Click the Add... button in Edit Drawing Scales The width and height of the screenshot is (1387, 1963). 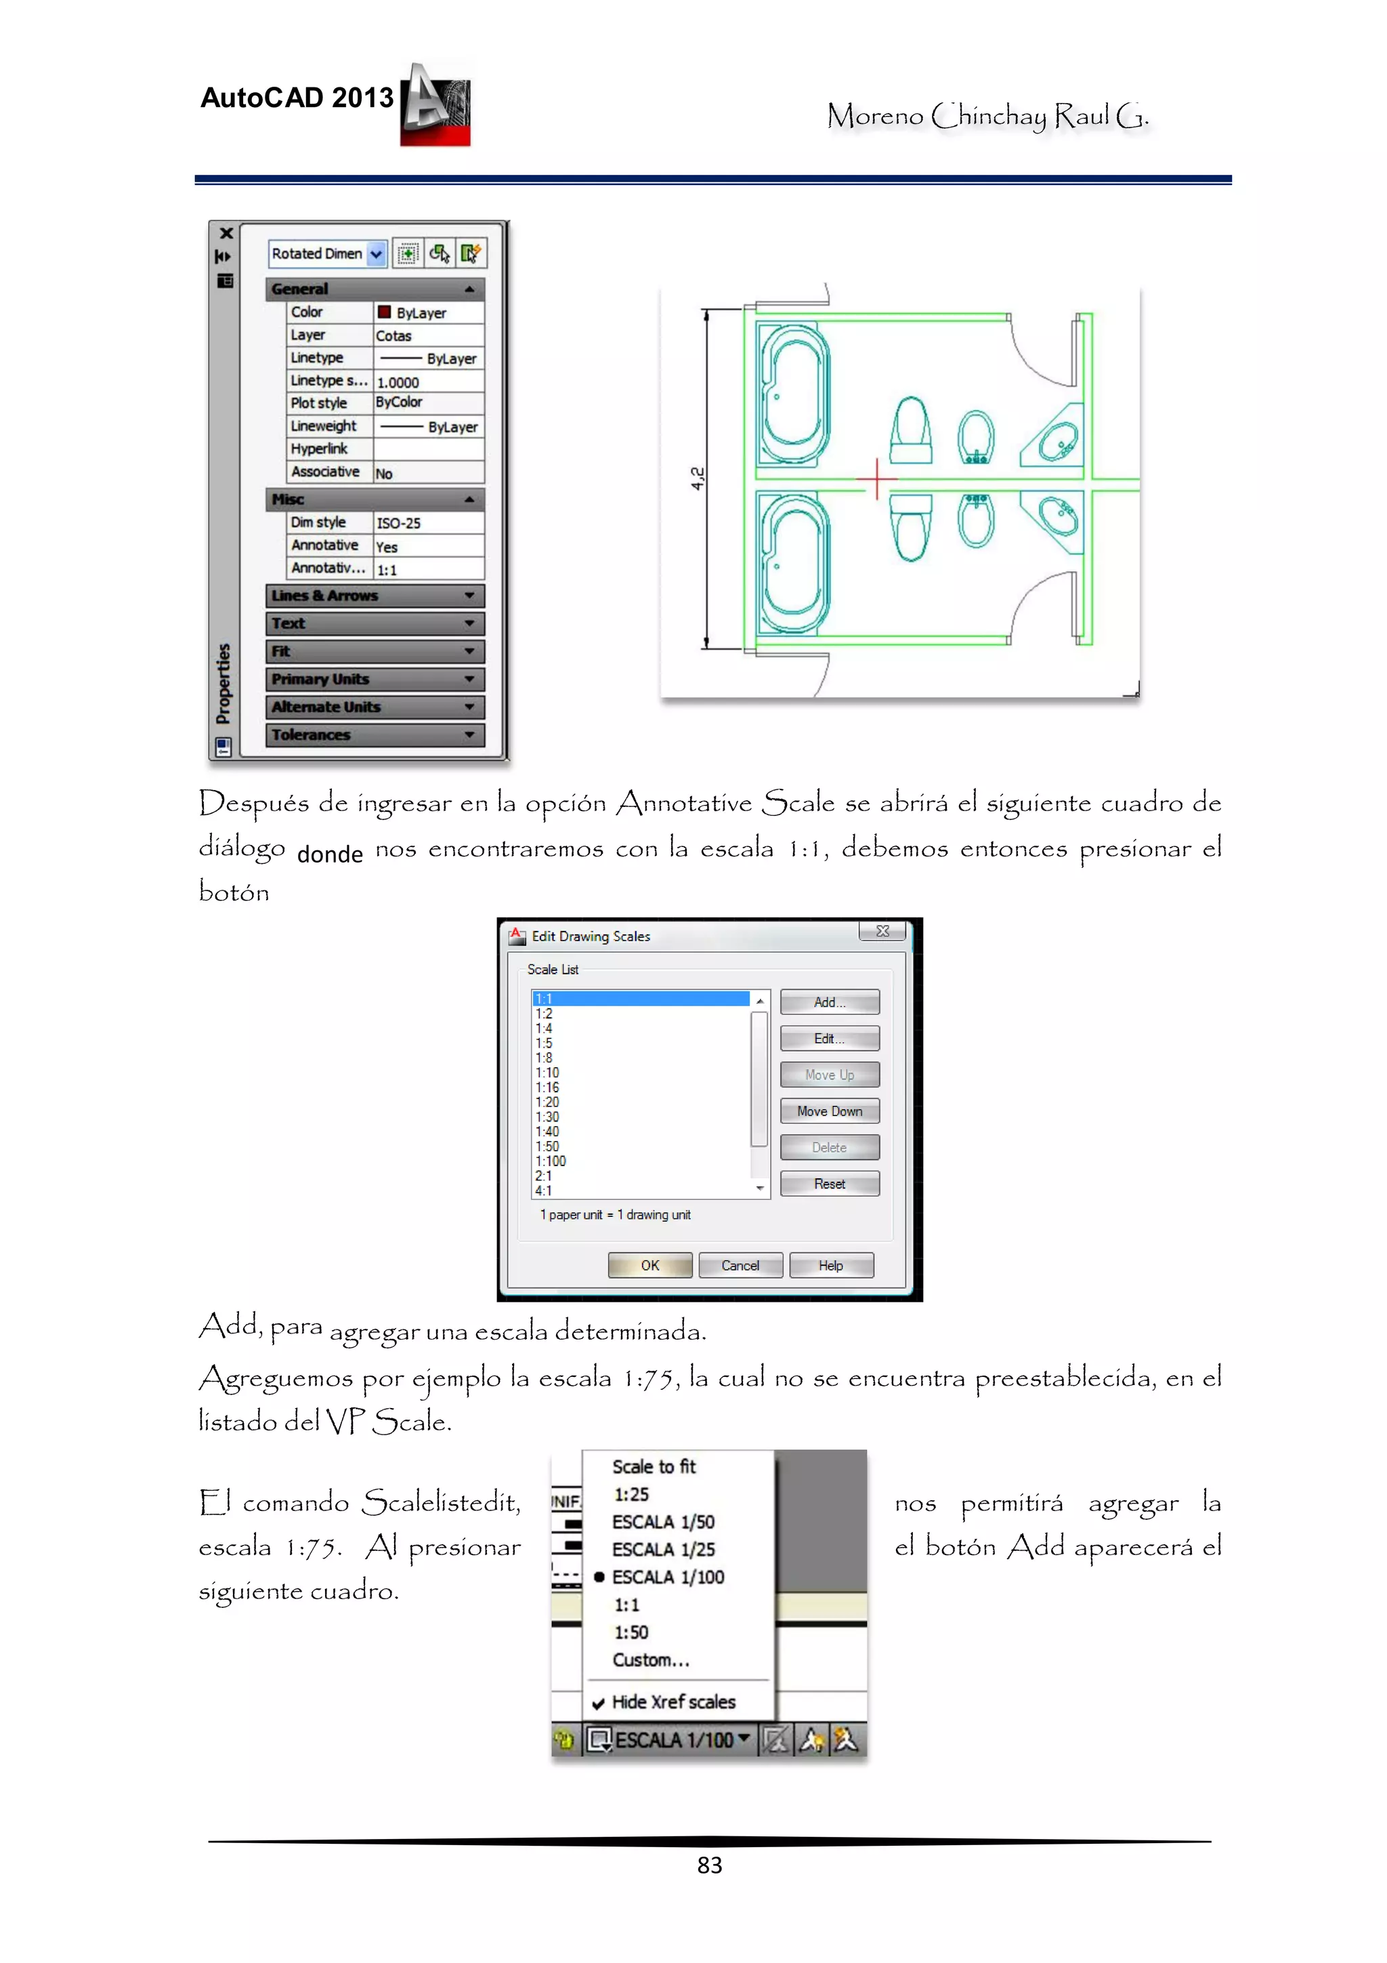point(829,1002)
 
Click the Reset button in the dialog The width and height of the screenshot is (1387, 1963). point(829,1184)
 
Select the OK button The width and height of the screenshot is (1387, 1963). point(649,1265)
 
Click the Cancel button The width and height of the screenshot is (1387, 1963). point(740,1265)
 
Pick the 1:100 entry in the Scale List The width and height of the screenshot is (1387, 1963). point(551,1161)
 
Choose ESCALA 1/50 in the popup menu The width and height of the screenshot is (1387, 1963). point(663,1522)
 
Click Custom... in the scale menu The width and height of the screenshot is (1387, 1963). point(650,1660)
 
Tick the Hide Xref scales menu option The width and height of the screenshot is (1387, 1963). point(673,1702)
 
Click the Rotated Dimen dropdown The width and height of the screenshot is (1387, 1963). point(327,254)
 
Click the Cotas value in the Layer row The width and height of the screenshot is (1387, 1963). point(427,336)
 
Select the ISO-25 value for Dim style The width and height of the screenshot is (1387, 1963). point(427,523)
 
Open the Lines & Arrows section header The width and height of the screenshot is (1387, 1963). point(375,596)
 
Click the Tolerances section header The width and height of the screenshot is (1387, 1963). point(375,735)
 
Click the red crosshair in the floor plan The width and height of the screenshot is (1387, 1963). point(877,479)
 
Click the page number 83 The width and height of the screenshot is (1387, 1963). point(709,1865)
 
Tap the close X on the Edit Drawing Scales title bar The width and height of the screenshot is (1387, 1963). point(883,931)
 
